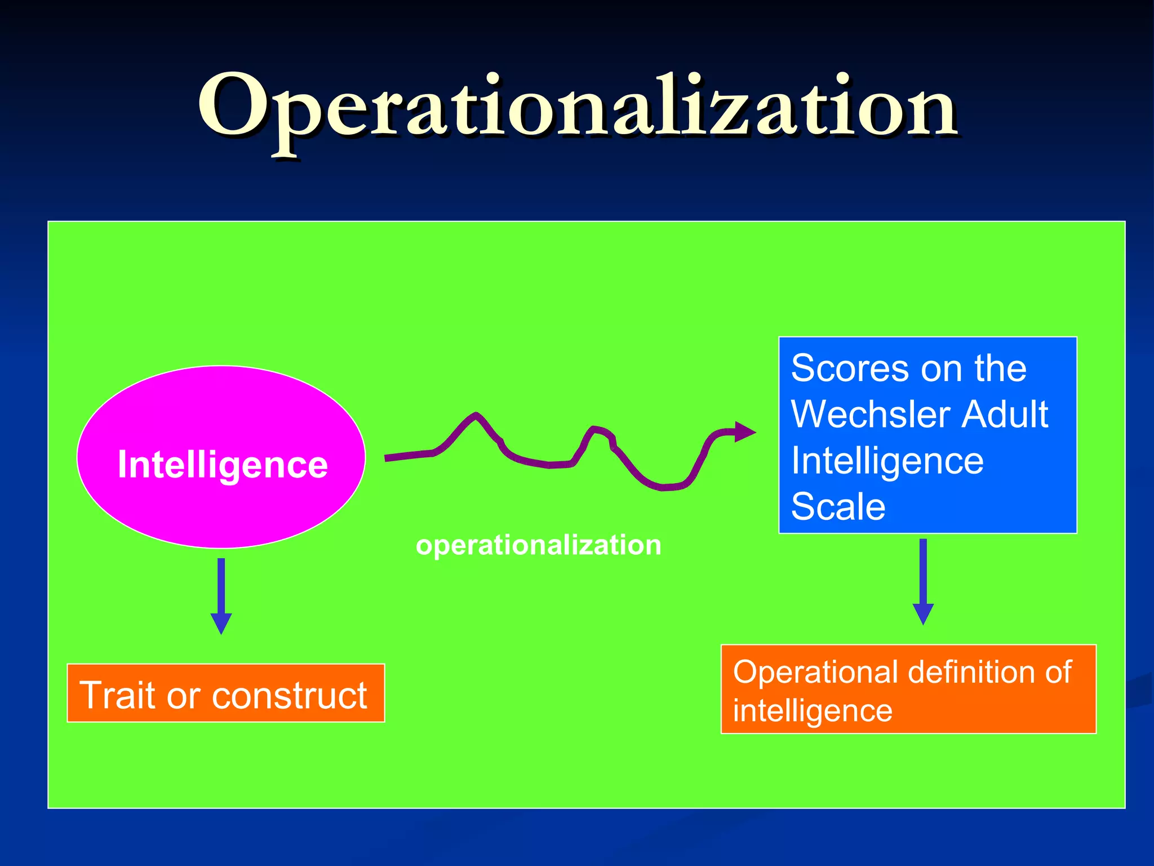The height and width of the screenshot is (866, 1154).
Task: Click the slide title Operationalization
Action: (577, 107)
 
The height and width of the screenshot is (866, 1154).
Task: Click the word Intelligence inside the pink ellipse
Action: (223, 465)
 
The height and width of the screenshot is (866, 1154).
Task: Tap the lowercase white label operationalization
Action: (538, 545)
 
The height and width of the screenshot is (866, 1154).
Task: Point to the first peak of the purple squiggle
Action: (476, 416)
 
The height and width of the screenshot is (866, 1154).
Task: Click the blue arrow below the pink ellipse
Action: (221, 598)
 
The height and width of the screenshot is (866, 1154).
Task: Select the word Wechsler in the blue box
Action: (871, 414)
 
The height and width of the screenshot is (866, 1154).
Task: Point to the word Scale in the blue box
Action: (838, 506)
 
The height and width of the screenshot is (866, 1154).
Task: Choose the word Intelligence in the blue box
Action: (887, 461)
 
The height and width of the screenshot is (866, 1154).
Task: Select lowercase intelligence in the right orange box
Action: (812, 710)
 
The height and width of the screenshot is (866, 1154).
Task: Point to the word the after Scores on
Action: (1001, 369)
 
